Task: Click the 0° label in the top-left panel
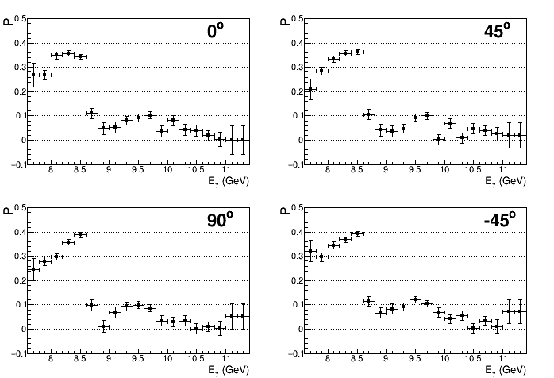tap(215, 32)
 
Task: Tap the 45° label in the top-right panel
tap(499, 32)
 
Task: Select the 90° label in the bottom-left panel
tap(215, 221)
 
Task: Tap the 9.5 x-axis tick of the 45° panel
tap(415, 169)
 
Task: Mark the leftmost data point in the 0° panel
tap(33, 75)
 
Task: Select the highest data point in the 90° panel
tap(80, 235)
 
